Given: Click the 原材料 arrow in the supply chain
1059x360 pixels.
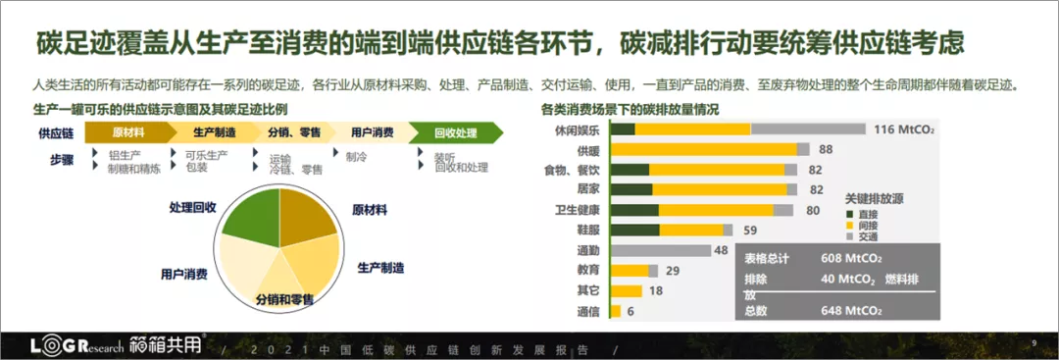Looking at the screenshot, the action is click(128, 132).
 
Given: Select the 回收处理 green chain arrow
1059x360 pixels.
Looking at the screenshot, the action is click(455, 132).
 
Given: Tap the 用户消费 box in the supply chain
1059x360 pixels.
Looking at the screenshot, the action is click(373, 132).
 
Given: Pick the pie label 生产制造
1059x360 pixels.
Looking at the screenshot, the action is click(380, 268).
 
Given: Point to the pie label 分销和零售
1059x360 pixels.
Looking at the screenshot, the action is click(285, 299).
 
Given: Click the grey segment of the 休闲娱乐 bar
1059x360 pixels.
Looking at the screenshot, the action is click(808, 129).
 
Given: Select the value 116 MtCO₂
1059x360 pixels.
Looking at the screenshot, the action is click(904, 129).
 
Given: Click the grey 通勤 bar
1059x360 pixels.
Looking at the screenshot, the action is click(661, 250).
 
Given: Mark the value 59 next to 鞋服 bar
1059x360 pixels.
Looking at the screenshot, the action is click(750, 230).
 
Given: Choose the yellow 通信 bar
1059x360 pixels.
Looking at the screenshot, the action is click(615, 311).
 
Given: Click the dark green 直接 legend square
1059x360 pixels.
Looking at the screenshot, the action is click(849, 214).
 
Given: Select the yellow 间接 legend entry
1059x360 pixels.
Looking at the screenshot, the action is click(862, 225).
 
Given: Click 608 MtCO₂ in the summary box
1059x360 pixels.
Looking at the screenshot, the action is click(850, 259).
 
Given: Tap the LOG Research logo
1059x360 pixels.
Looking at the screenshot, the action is click(77, 346).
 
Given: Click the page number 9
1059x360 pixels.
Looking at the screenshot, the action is click(1034, 343).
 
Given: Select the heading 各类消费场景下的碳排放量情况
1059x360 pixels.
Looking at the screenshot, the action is click(630, 109).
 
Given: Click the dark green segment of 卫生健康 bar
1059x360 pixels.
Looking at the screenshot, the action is click(634, 210).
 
